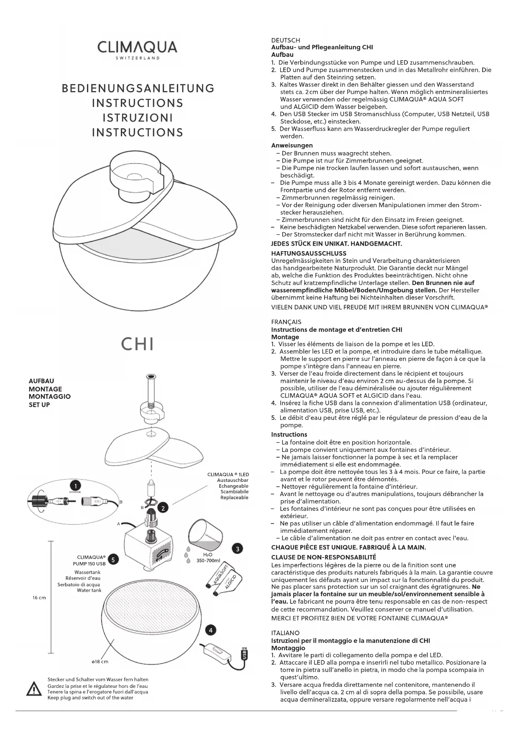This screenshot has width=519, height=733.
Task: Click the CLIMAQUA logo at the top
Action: (x=137, y=49)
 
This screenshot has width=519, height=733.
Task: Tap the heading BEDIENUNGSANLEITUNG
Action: (x=138, y=89)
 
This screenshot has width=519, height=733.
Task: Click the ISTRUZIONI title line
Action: (x=138, y=118)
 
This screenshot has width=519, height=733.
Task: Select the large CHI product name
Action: (x=138, y=344)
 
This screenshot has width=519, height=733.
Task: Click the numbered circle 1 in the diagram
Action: (x=75, y=486)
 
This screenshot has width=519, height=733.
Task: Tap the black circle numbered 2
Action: (x=163, y=508)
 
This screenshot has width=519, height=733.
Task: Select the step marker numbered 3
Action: (x=238, y=549)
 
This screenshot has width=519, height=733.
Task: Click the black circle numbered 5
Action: (x=113, y=560)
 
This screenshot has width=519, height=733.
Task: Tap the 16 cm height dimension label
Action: (x=39, y=598)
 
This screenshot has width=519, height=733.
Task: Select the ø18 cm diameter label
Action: (x=100, y=662)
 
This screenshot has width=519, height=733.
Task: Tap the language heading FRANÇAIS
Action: (x=286, y=322)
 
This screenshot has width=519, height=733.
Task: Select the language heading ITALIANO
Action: (x=285, y=633)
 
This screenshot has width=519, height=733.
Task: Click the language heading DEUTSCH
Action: (x=286, y=40)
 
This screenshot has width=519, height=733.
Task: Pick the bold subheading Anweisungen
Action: (x=292, y=145)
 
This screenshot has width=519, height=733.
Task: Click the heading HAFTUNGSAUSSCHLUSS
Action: (x=309, y=253)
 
